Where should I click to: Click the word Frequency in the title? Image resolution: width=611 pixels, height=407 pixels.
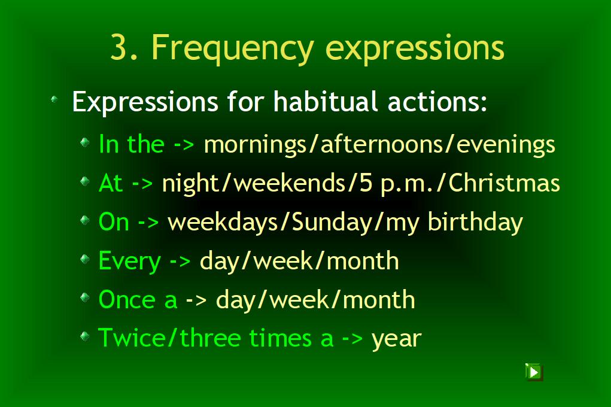pyautogui.click(x=232, y=48)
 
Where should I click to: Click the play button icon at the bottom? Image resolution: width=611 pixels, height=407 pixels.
pyautogui.click(x=534, y=372)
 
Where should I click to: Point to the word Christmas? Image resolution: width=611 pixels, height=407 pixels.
pyautogui.click(x=504, y=183)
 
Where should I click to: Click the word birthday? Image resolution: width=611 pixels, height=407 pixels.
pyautogui.click(x=475, y=222)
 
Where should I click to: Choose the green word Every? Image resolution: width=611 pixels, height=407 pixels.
pyautogui.click(x=130, y=261)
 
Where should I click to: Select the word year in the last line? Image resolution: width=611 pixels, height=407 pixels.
pyautogui.click(x=396, y=339)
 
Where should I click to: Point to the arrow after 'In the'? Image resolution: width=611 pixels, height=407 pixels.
pyautogui.click(x=184, y=145)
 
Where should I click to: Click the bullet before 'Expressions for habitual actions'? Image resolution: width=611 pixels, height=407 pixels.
pyautogui.click(x=54, y=99)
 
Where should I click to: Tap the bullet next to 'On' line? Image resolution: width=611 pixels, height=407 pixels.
pyautogui.click(x=84, y=220)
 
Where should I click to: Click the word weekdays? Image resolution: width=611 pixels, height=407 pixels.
pyautogui.click(x=223, y=221)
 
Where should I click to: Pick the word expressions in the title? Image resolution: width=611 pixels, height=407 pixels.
pyautogui.click(x=415, y=49)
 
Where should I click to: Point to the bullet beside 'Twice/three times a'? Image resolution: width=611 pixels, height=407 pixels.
pyautogui.click(x=84, y=336)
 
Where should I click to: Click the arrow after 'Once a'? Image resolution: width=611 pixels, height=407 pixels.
pyautogui.click(x=196, y=300)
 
